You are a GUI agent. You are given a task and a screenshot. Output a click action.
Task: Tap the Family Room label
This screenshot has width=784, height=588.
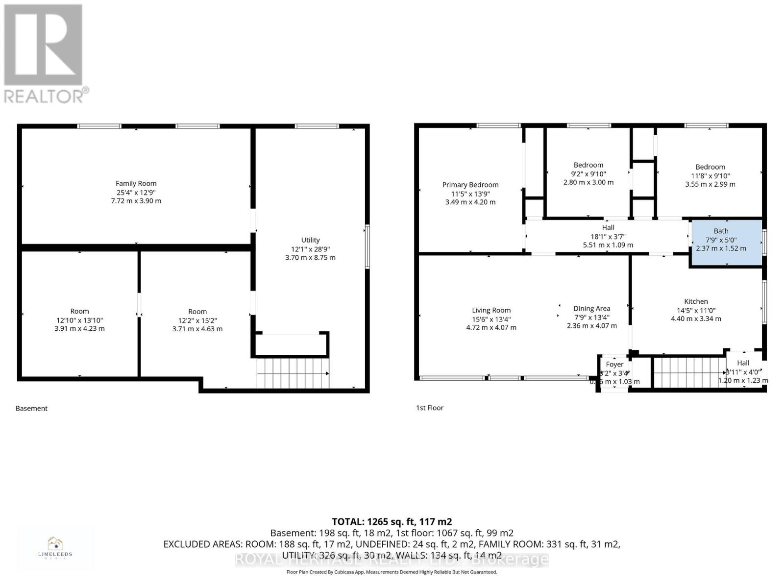point(136,183)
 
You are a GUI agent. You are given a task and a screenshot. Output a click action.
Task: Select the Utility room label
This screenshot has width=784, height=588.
point(310,240)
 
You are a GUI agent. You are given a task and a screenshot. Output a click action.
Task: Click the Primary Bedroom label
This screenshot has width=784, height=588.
point(470,185)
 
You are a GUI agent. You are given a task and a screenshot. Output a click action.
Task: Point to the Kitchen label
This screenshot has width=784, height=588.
point(696,301)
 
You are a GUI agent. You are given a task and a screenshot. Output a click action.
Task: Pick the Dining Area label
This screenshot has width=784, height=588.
point(591,308)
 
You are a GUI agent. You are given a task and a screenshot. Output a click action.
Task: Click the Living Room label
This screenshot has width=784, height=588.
point(491,310)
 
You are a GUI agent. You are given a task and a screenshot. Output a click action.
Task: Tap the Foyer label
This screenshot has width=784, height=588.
point(614,364)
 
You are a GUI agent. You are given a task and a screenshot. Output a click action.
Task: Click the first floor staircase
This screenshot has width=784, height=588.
point(689,372)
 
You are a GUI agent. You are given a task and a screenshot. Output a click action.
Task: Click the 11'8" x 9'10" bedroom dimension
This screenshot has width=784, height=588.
point(710,176)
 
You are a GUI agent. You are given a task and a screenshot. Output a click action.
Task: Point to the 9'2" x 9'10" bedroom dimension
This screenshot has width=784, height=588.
point(588,174)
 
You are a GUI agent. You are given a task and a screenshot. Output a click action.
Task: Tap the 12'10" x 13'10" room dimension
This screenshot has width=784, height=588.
point(79,320)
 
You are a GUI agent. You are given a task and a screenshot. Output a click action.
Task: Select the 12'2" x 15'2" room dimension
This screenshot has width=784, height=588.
point(197,320)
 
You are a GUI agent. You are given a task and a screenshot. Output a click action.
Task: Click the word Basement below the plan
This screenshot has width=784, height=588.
point(31,408)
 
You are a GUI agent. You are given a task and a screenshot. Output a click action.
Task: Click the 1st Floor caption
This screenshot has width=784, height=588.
point(429,408)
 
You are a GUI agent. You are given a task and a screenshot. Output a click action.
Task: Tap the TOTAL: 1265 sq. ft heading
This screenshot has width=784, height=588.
point(392,522)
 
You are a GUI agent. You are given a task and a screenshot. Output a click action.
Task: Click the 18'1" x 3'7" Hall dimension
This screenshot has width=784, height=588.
point(608,236)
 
